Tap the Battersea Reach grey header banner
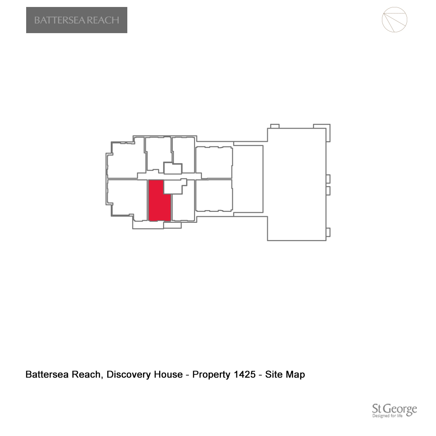77,20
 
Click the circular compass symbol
394,20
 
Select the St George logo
395,410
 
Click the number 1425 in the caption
245,374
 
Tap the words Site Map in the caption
285,375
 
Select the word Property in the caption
211,375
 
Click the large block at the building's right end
296,184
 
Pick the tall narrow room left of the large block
249,179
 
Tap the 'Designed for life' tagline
387,416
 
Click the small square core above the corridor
173,168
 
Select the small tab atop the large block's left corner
275,126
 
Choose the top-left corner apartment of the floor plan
126,160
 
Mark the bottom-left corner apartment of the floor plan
126,199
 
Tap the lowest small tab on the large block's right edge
328,232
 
